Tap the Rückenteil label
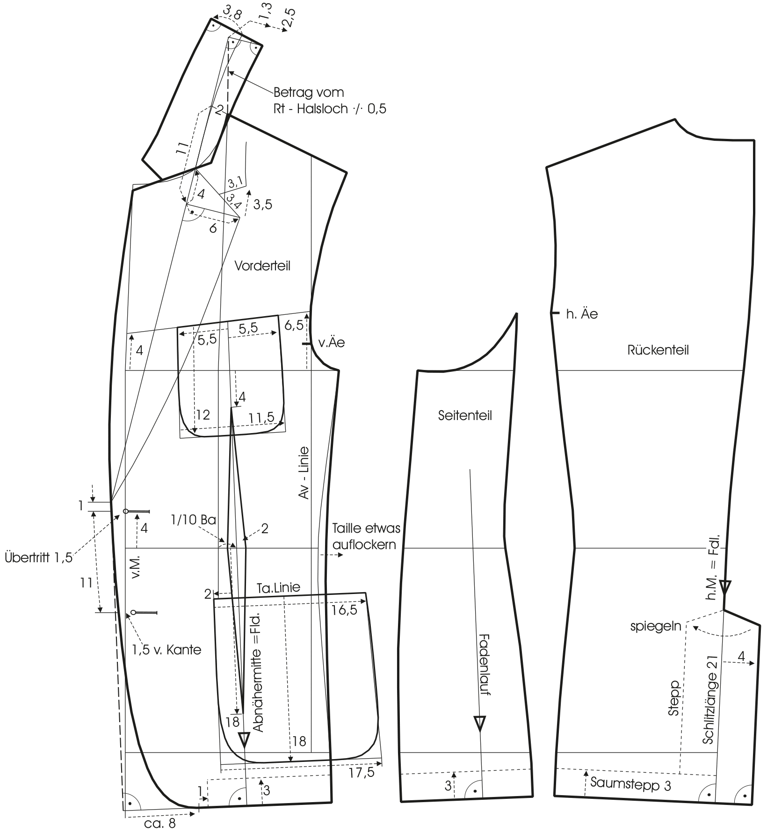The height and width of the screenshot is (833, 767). click(658, 350)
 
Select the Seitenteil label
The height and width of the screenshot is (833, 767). click(465, 415)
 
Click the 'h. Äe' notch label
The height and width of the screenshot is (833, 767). click(581, 314)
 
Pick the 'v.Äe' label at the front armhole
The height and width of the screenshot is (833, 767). click(331, 342)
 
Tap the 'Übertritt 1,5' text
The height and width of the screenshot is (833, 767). click(38, 558)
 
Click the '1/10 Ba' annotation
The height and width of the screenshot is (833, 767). click(194, 520)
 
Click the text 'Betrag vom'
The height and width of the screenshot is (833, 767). click(309, 92)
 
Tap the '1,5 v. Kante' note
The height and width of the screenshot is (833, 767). click(166, 650)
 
